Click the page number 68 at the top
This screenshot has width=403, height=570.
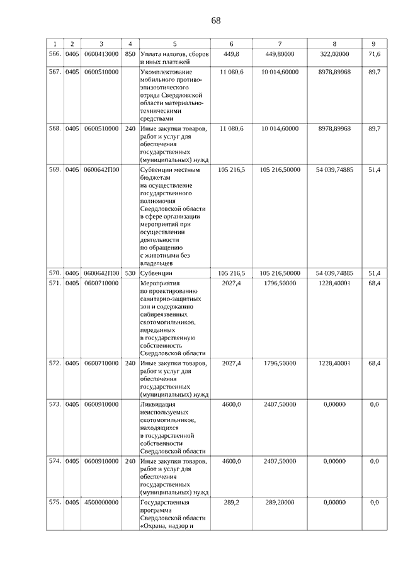[216, 20]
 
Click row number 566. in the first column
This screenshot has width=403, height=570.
[55, 54]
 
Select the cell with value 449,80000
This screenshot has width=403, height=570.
[280, 54]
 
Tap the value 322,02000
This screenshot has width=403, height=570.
[334, 54]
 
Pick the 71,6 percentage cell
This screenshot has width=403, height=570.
[374, 54]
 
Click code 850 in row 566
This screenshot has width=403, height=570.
[130, 54]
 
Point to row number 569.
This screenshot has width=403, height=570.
[55, 170]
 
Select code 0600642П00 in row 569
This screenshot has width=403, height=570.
[101, 170]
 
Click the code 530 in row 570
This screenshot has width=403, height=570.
[130, 273]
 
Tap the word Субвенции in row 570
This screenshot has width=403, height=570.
[156, 274]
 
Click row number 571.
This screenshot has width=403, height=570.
[55, 283]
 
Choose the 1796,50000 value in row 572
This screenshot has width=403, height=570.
[280, 363]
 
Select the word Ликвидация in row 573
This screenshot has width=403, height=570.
[158, 404]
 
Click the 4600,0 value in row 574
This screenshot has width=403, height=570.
[232, 462]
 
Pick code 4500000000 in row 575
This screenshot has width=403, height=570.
[101, 503]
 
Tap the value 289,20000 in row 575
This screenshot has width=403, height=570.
[280, 503]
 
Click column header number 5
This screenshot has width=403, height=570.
[174, 43]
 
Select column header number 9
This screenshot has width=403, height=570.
[374, 43]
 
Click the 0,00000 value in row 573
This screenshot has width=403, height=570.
[334, 404]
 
